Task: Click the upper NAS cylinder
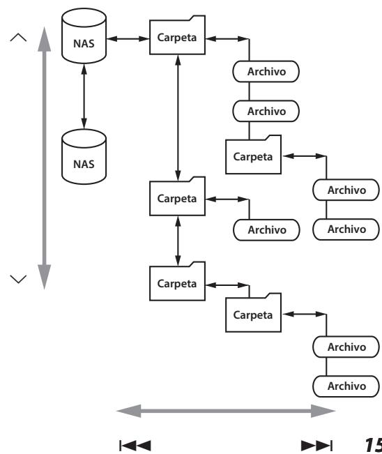click(x=84, y=36)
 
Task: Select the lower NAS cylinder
click(x=84, y=157)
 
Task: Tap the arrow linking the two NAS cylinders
click(x=84, y=96)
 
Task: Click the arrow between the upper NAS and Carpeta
click(x=128, y=38)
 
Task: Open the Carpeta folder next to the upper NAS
click(x=177, y=35)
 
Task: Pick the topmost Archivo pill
click(x=266, y=72)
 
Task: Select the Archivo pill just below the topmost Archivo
click(x=266, y=111)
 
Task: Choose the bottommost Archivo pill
click(x=346, y=386)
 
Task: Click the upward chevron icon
click(x=18, y=38)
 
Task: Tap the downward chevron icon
click(x=18, y=278)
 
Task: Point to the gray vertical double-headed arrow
click(x=45, y=158)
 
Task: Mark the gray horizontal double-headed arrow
click(x=226, y=411)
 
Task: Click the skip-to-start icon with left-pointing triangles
click(x=135, y=446)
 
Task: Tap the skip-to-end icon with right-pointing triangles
click(x=316, y=446)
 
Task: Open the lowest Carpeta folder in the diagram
click(x=253, y=312)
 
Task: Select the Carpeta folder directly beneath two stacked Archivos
click(x=253, y=154)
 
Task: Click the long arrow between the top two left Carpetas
click(x=178, y=118)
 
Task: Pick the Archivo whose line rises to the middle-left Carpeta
click(x=266, y=230)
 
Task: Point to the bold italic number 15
click(x=374, y=445)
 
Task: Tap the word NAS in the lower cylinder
click(x=84, y=164)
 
